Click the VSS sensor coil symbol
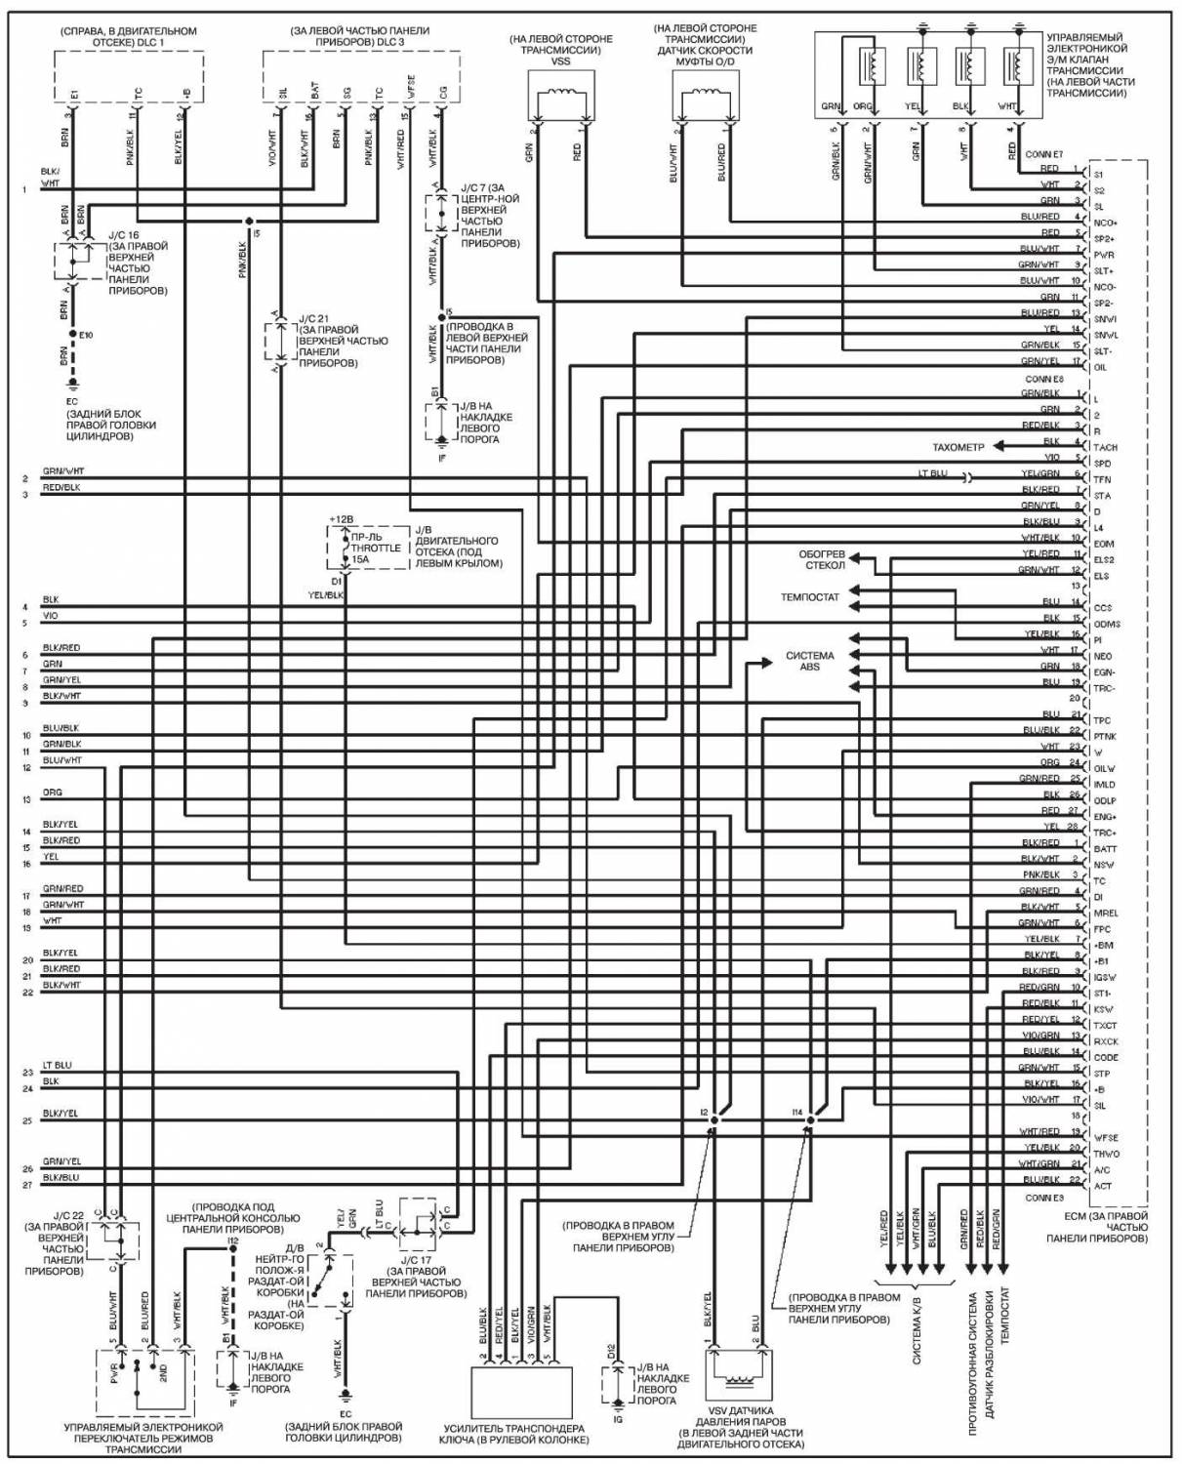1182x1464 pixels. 560,95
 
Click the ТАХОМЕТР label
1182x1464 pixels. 958,447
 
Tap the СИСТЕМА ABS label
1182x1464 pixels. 810,662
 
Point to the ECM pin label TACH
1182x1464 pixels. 1106,448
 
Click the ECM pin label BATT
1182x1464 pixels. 1105,849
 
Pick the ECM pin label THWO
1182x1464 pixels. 1107,1154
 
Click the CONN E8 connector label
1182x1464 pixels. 1043,380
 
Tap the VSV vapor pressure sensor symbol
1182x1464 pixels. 738,1375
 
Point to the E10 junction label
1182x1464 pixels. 86,335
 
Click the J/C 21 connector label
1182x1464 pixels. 313,319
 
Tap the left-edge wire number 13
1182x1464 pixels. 26,800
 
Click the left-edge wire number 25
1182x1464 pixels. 27,1120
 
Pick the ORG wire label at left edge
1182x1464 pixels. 53,793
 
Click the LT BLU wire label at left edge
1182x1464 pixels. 57,1066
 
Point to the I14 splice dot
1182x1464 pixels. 810,1119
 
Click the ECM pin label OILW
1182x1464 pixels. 1105,768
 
